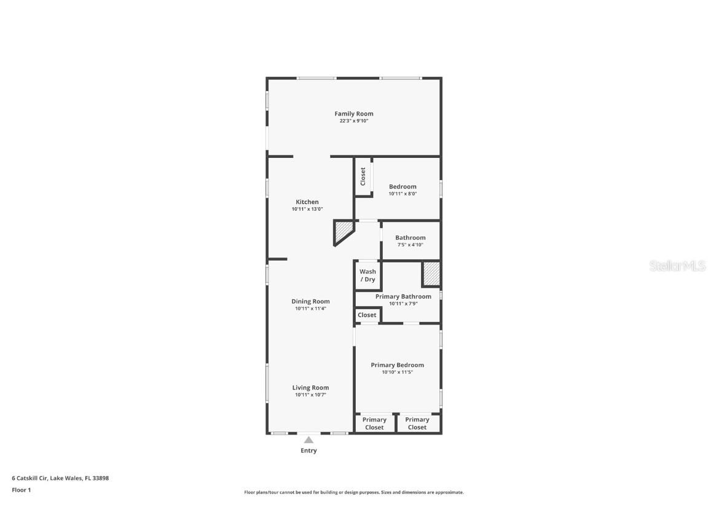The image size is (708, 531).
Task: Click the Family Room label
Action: pyautogui.click(x=353, y=114)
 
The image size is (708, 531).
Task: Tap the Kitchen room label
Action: pyautogui.click(x=307, y=202)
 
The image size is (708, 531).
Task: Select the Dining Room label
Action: pyautogui.click(x=310, y=302)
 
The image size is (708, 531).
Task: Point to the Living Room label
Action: pyautogui.click(x=310, y=388)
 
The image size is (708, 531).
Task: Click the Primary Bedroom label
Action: pyautogui.click(x=397, y=365)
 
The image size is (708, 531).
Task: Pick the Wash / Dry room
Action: pyautogui.click(x=368, y=275)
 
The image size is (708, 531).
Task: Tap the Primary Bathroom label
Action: pyautogui.click(x=403, y=297)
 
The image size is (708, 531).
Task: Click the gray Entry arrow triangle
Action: pyautogui.click(x=309, y=439)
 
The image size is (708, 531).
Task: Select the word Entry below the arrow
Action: pyautogui.click(x=309, y=450)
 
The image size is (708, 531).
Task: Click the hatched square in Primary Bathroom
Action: pyautogui.click(x=431, y=273)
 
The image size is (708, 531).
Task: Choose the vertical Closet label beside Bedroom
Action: pyautogui.click(x=363, y=176)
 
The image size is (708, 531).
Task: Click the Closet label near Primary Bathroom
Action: pyautogui.click(x=367, y=315)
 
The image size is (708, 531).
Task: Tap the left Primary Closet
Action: pyautogui.click(x=374, y=423)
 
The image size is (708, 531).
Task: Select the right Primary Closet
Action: pyautogui.click(x=417, y=423)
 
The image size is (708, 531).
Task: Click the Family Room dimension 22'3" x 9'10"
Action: pyautogui.click(x=353, y=121)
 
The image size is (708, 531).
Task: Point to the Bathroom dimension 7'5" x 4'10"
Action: pyautogui.click(x=410, y=245)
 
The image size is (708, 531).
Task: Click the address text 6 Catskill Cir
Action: pyautogui.click(x=60, y=478)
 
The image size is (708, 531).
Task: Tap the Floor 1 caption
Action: pyautogui.click(x=21, y=490)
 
